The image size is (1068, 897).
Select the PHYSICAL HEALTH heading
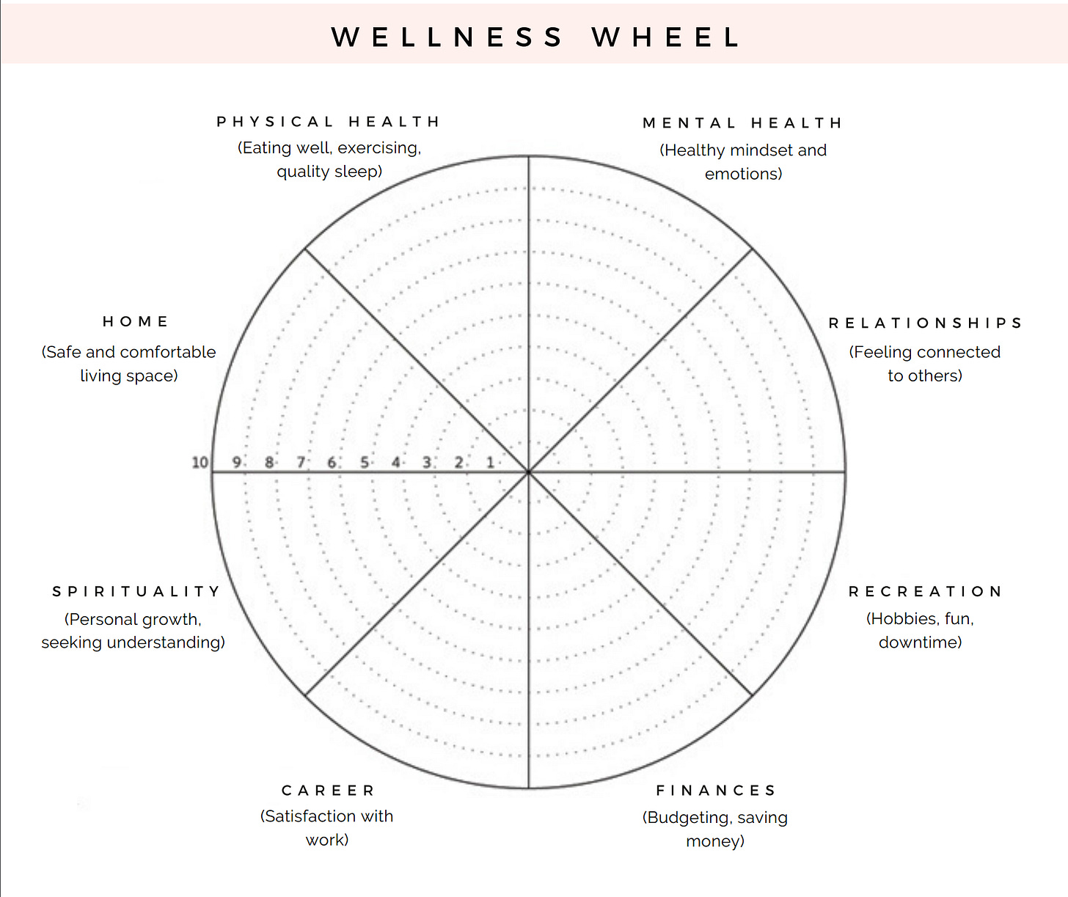pos(328,122)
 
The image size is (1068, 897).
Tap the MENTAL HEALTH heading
pos(742,123)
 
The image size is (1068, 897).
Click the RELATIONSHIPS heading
pos(925,323)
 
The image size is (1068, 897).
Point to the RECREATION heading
pos(925,592)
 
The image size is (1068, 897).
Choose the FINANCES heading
pos(716,791)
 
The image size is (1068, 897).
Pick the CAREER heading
pos(328,791)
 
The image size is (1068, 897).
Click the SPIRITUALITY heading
pos(136,592)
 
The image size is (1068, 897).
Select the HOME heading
pos(136,322)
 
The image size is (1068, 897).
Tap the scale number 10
pos(200,463)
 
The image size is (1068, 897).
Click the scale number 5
pos(364,463)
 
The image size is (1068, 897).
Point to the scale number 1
pos(490,463)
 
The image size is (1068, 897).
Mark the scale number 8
pos(269,463)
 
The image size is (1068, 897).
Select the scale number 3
pos(427,463)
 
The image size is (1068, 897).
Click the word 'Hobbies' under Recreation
pos(904,619)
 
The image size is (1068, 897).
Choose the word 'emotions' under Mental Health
pos(742,174)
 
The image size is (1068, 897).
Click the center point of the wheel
pos(528,472)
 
